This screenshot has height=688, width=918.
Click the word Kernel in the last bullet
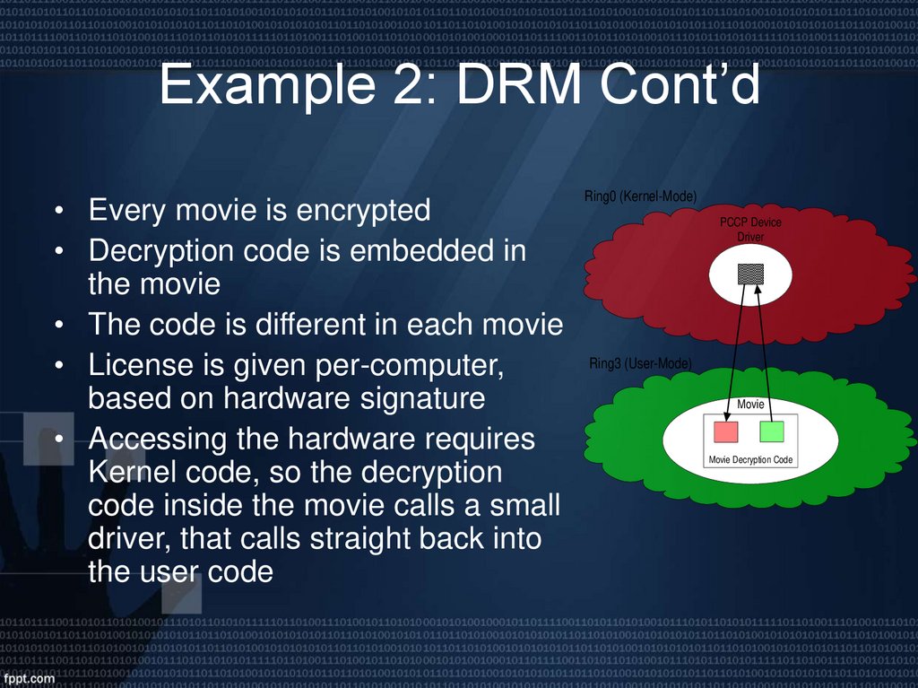point(131,472)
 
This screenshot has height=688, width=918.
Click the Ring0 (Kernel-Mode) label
point(640,196)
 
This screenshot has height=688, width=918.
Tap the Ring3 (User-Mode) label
point(640,363)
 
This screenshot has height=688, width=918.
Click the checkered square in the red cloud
point(750,274)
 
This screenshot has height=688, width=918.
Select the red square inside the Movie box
point(725,431)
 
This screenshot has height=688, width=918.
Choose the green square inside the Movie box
point(772,431)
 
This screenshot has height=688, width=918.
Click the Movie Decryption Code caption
point(750,460)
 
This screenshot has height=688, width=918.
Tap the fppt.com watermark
point(29,678)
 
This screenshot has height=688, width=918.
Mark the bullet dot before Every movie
point(57,213)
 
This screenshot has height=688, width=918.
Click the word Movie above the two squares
point(750,405)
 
